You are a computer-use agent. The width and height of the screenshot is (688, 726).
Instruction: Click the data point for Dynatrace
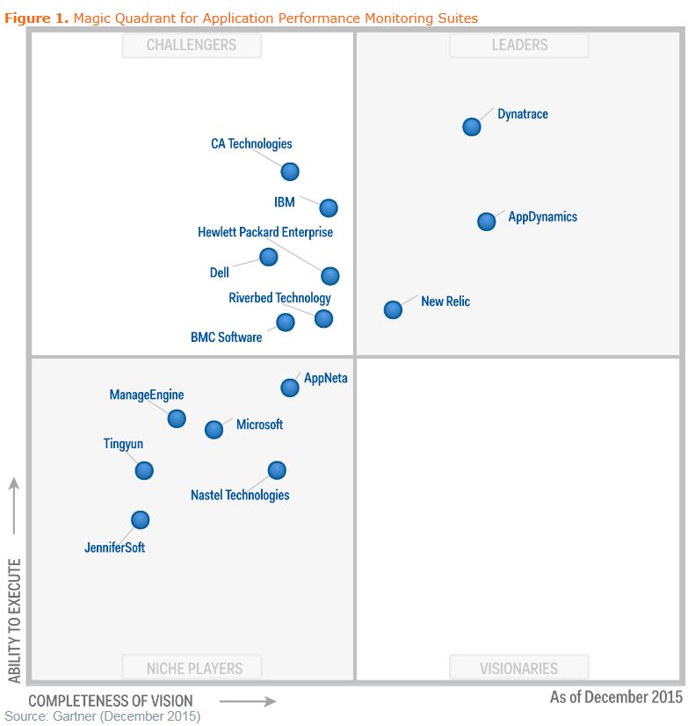(x=472, y=127)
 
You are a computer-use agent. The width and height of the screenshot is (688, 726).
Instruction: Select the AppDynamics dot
(x=486, y=221)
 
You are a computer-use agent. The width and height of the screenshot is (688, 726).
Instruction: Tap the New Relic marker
(x=393, y=309)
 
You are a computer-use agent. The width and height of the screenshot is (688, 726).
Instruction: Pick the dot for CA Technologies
(x=290, y=171)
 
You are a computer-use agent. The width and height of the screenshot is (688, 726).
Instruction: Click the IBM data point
(x=328, y=207)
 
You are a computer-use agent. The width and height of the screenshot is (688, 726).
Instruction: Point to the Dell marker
(x=269, y=257)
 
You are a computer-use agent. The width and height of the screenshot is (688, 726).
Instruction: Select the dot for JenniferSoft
(x=140, y=519)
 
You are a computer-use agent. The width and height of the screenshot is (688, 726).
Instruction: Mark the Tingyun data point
(x=144, y=470)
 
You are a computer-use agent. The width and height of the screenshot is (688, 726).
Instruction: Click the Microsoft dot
(x=214, y=429)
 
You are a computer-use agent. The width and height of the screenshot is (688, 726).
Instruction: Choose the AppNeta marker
(x=289, y=388)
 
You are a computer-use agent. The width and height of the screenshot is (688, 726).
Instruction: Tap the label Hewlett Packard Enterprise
(x=265, y=233)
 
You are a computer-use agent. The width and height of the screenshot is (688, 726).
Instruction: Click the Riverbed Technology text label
(x=279, y=298)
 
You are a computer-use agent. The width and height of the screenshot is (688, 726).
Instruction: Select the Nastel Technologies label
(x=240, y=495)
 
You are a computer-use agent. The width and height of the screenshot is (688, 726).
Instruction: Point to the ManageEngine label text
(x=147, y=396)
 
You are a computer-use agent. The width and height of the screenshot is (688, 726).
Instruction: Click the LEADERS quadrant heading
(x=518, y=45)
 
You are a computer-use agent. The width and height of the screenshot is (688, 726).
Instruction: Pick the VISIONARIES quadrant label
(x=518, y=668)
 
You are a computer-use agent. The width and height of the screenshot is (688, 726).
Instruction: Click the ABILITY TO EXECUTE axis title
(x=14, y=621)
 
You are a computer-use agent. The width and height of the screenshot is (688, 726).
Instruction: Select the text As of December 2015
(x=616, y=697)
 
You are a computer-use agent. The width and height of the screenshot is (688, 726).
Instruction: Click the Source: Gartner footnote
(x=103, y=716)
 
